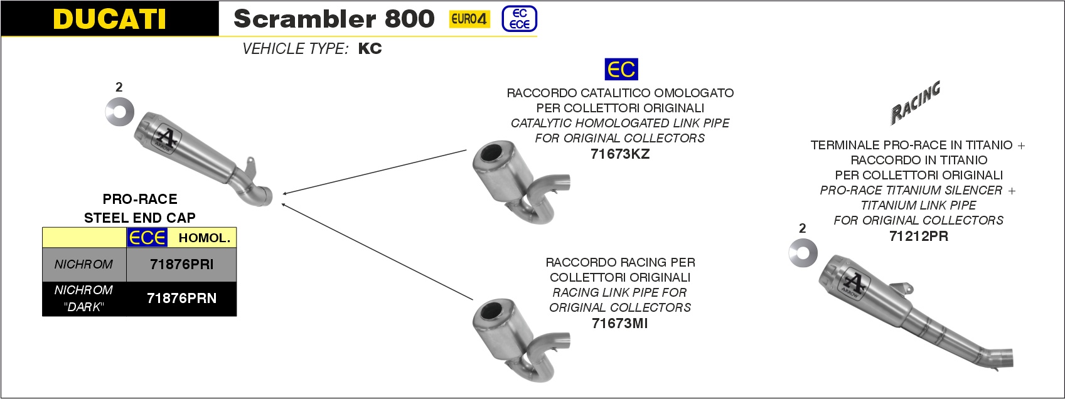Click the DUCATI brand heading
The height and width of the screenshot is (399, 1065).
(110, 19)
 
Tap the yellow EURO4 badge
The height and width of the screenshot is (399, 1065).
(469, 19)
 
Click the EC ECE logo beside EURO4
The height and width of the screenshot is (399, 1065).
(520, 19)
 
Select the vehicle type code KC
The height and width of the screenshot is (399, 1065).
(370, 49)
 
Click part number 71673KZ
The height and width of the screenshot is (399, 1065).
(620, 154)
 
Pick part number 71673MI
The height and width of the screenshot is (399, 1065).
(620, 323)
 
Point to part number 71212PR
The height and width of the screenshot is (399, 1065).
(918, 236)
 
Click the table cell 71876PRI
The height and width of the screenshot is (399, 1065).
(181, 265)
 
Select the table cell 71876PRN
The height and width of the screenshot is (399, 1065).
(181, 299)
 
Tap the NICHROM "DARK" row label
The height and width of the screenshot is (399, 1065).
(83, 299)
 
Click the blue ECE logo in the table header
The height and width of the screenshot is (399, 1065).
(147, 238)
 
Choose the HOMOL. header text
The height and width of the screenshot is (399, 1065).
(205, 238)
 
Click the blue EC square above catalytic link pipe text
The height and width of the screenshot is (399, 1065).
(621, 69)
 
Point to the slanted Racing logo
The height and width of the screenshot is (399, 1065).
(916, 102)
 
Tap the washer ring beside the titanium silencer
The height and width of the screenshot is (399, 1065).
(803, 252)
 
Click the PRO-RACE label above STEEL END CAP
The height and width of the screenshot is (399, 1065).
(140, 199)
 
